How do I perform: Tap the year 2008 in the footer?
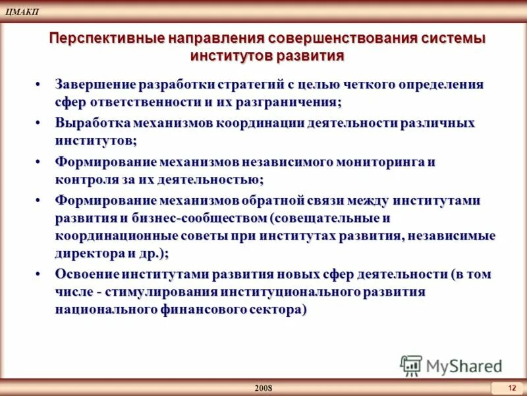263,387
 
